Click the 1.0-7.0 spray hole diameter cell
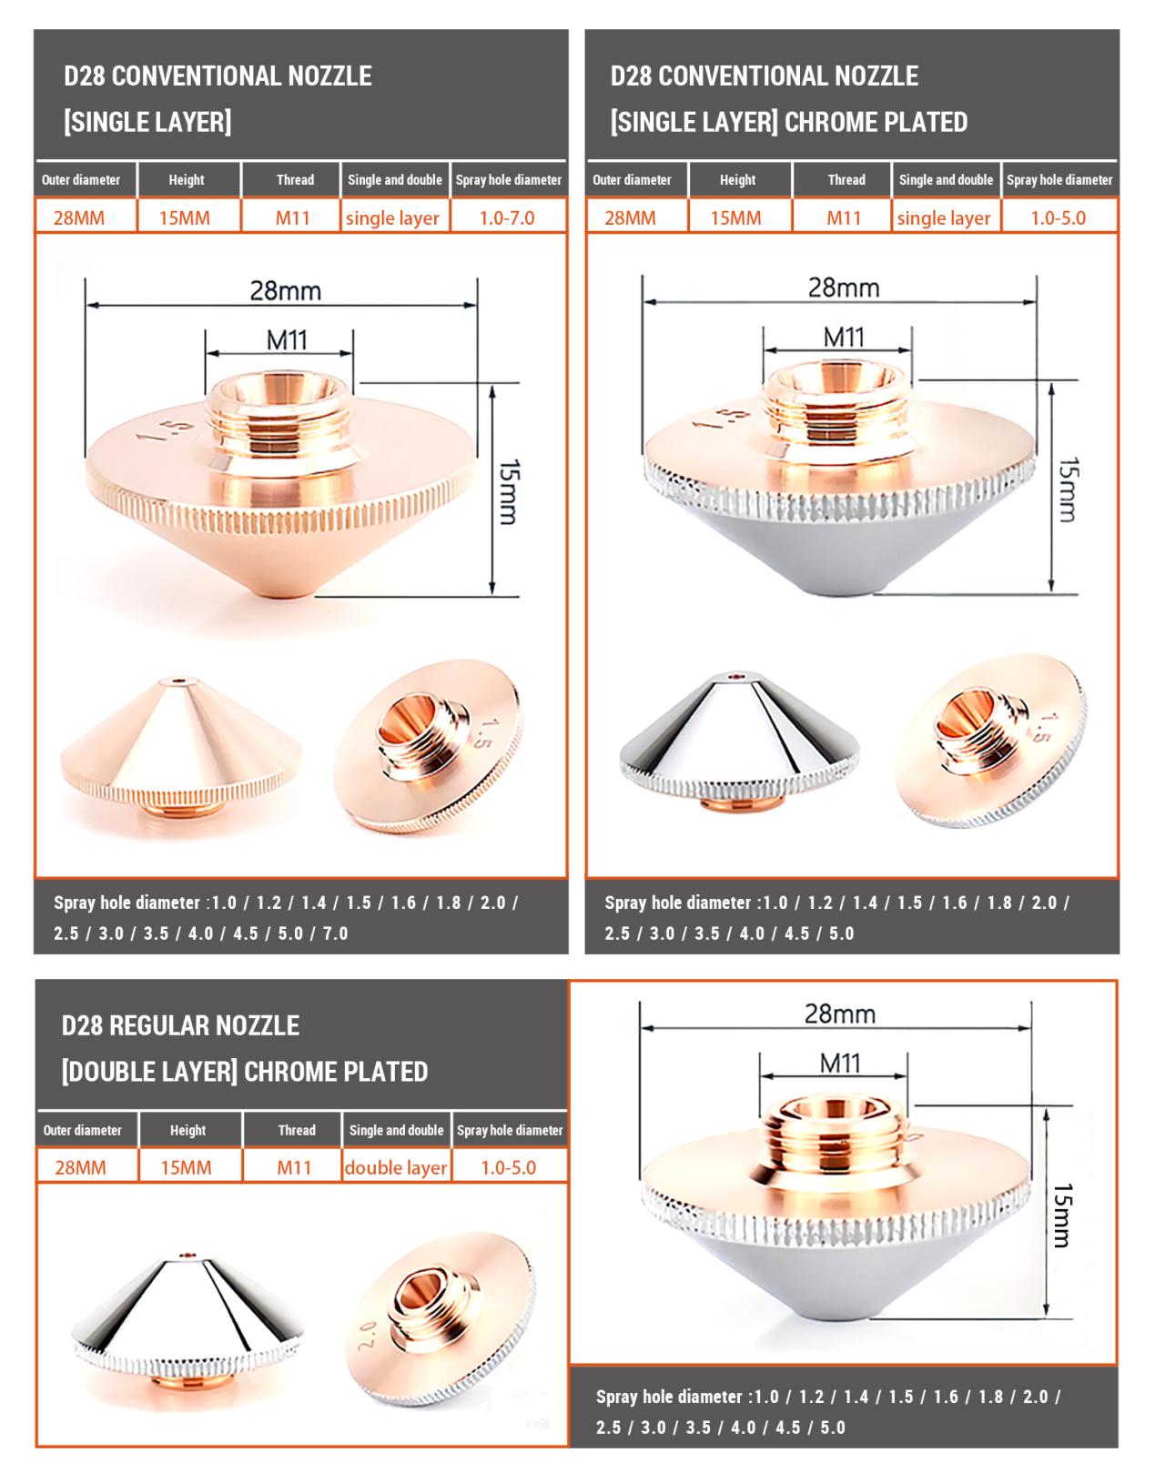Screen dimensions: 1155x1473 click(x=507, y=218)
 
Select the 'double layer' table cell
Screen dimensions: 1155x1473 click(x=396, y=1167)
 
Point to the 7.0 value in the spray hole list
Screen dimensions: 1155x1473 click(x=336, y=933)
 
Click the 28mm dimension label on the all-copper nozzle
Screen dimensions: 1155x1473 click(x=286, y=291)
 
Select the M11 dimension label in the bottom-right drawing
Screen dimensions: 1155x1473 click(x=840, y=1064)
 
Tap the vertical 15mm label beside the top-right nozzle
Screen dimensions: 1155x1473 click(x=1069, y=489)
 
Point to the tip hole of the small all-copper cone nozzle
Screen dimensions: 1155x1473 click(x=178, y=680)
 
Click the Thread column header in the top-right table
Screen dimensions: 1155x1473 click(x=846, y=179)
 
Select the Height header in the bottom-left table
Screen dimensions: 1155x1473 click(x=187, y=1130)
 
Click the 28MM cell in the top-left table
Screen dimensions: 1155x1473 click(x=79, y=218)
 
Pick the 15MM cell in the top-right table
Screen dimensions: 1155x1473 click(x=735, y=218)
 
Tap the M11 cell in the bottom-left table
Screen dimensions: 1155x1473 click(x=293, y=1167)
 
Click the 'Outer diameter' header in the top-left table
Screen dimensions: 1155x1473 click(x=81, y=179)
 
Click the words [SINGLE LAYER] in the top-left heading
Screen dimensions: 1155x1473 click(x=147, y=122)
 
